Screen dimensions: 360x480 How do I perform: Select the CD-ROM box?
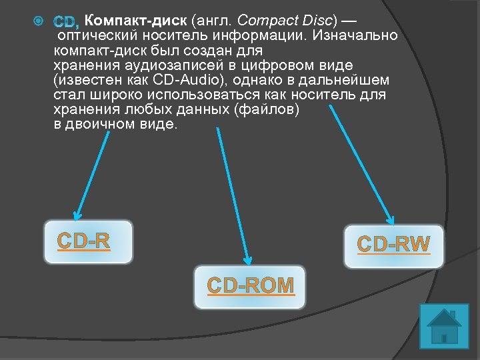tap(250, 286)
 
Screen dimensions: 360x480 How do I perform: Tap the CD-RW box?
tap(394, 245)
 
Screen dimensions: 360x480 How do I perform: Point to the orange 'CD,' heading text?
tap(67, 22)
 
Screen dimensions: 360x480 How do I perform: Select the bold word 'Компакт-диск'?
tap(136, 21)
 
